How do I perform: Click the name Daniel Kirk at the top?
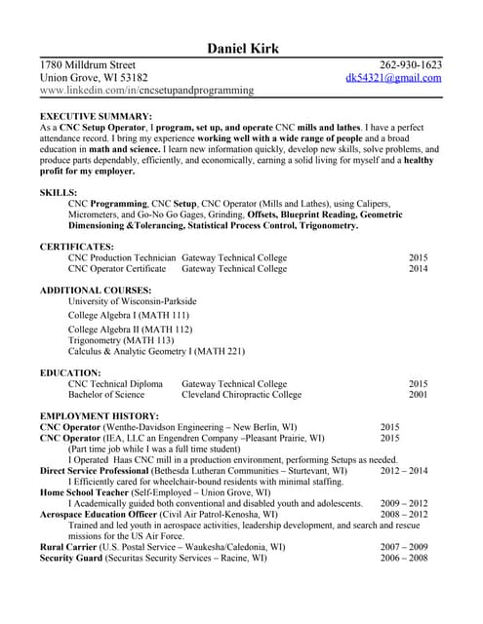pos(243,49)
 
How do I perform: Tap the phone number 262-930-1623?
pos(411,65)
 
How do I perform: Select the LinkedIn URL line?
pos(146,90)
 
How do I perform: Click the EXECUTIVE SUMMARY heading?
pos(95,115)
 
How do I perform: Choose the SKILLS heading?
pos(59,193)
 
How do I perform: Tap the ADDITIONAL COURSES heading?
pos(95,291)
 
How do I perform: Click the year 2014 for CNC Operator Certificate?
pos(418,268)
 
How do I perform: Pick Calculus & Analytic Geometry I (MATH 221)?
pos(156,352)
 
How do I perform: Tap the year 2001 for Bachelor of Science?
pos(418,395)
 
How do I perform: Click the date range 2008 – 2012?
pos(404,514)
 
